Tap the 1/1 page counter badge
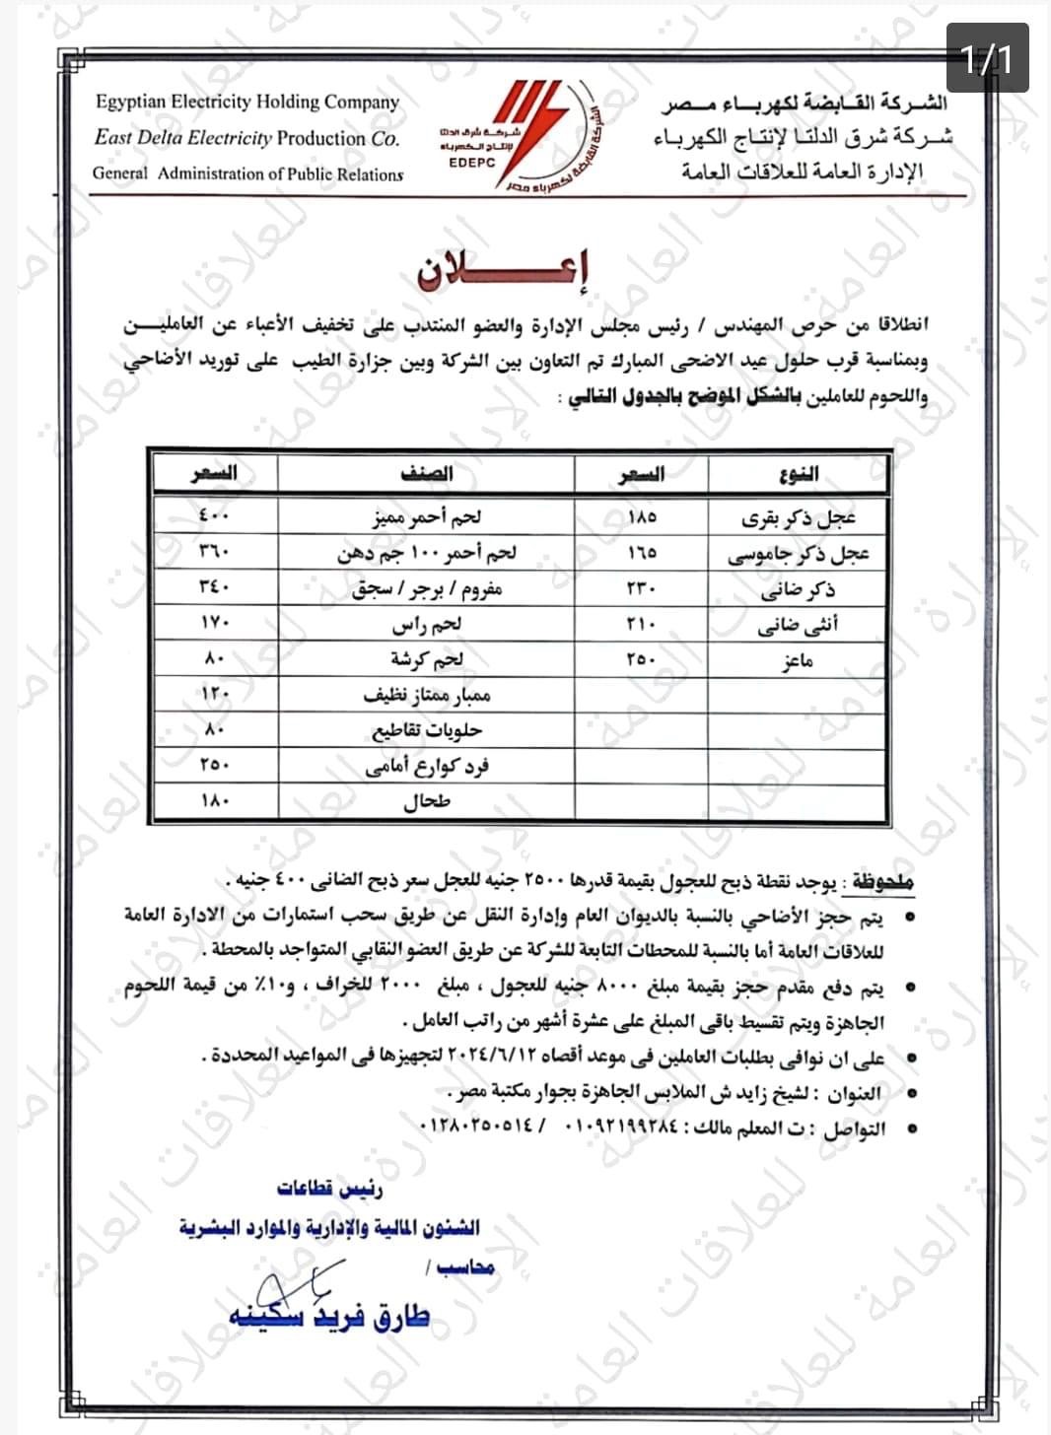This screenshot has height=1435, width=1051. tap(987, 58)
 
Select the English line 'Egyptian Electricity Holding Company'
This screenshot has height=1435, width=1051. tap(247, 102)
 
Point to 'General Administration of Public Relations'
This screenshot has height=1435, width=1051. tap(247, 173)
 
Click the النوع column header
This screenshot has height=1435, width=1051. tap(798, 474)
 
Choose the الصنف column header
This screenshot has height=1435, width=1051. tap(427, 474)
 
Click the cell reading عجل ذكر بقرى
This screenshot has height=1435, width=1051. tap(798, 516)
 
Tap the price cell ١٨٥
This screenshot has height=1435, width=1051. tap(641, 516)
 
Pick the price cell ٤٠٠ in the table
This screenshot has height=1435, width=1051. tap(213, 516)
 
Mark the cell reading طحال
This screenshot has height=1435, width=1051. tap(427, 801)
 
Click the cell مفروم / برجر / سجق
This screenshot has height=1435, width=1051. tap(427, 589)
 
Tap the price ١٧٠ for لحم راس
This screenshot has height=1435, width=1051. tap(213, 624)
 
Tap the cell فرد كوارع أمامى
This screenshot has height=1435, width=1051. tap(427, 766)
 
